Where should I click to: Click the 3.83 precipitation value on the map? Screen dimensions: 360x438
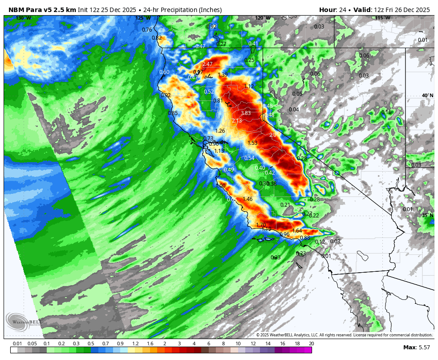point(246,113)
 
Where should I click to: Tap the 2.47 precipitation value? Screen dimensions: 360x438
point(207,64)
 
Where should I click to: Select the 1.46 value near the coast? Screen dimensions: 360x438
point(247,199)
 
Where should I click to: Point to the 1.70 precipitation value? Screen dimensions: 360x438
point(261,225)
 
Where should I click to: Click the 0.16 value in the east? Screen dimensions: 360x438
point(386,112)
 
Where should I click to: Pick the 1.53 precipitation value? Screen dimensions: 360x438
point(252,143)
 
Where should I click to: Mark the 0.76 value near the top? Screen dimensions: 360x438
point(147,30)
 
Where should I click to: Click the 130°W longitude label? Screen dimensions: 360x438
point(24,18)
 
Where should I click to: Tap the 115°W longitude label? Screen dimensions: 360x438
point(382,18)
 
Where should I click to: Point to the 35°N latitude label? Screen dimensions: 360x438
point(427,216)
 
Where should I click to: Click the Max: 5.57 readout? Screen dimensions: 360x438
point(416,348)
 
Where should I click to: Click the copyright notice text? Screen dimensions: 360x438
point(344,335)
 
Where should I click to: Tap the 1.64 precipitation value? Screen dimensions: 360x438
point(297,231)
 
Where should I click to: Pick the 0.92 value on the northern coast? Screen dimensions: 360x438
point(166,95)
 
